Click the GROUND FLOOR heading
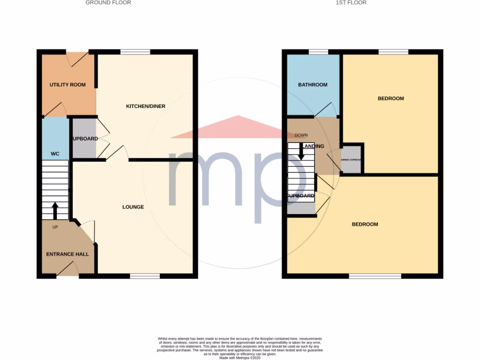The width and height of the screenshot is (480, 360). pos(108,3)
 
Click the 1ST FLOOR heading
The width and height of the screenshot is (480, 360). pos(351,3)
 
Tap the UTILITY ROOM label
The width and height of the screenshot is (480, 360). pos(68,85)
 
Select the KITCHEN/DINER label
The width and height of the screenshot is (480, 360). pos(146,106)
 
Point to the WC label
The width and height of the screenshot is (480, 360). pos(55,153)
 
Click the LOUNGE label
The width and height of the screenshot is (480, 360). pos(133,207)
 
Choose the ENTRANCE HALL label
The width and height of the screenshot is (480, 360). pos(67,254)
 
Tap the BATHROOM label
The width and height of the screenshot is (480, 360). pos(313,85)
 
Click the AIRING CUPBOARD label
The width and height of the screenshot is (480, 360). pos(352,160)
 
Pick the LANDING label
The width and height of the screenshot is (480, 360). pos(315,146)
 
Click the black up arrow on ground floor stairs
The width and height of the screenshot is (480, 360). pos(55,210)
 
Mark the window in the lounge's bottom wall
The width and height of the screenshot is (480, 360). pos(145,276)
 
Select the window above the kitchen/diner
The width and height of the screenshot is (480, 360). pos(135,52)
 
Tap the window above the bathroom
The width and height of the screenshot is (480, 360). pos(318,52)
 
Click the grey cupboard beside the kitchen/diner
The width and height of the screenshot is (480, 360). pos(84,139)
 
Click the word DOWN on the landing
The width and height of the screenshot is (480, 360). pos(301,135)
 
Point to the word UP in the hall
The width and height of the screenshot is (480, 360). pos(55,227)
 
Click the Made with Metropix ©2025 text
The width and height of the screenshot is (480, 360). pos(240,358)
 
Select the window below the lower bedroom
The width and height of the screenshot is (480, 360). pos(375,276)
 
